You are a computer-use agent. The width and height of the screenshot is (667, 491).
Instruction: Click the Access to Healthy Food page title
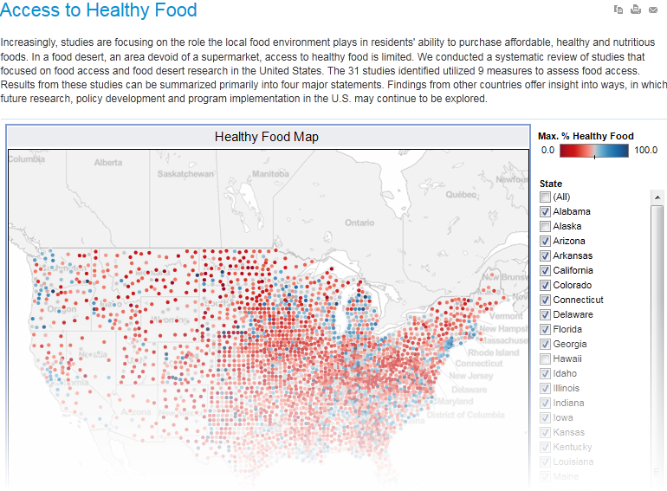[99, 11]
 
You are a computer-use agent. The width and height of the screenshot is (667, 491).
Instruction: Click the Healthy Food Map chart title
[267, 137]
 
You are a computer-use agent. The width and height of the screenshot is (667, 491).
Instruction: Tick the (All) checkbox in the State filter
[545, 197]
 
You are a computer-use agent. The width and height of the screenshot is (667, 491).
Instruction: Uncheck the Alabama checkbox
[545, 212]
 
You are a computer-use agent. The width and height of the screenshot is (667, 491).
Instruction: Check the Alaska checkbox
[545, 227]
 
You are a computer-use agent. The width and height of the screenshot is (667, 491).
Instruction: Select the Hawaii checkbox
[545, 359]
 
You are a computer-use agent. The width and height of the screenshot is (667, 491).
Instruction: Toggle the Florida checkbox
[545, 330]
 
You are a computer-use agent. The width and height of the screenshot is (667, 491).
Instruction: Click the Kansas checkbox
[545, 433]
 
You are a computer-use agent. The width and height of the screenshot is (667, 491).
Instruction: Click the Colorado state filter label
[572, 286]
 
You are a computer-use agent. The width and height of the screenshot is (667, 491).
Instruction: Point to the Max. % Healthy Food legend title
[586, 136]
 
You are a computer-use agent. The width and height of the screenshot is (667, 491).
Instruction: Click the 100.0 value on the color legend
[645, 150]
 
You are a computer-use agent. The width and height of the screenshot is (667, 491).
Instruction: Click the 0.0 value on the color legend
[547, 150]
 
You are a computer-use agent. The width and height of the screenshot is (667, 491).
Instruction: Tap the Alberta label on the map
[108, 163]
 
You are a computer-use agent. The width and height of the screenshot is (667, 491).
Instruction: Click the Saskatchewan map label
[185, 174]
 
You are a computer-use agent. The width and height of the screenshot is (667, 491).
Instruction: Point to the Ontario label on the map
[359, 223]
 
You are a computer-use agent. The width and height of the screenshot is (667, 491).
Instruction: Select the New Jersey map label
[470, 376]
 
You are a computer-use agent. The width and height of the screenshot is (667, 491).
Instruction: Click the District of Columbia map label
[465, 415]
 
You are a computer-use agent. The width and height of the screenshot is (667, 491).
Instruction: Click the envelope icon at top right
[653, 10]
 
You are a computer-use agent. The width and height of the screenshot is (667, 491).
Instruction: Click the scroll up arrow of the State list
[657, 197]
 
